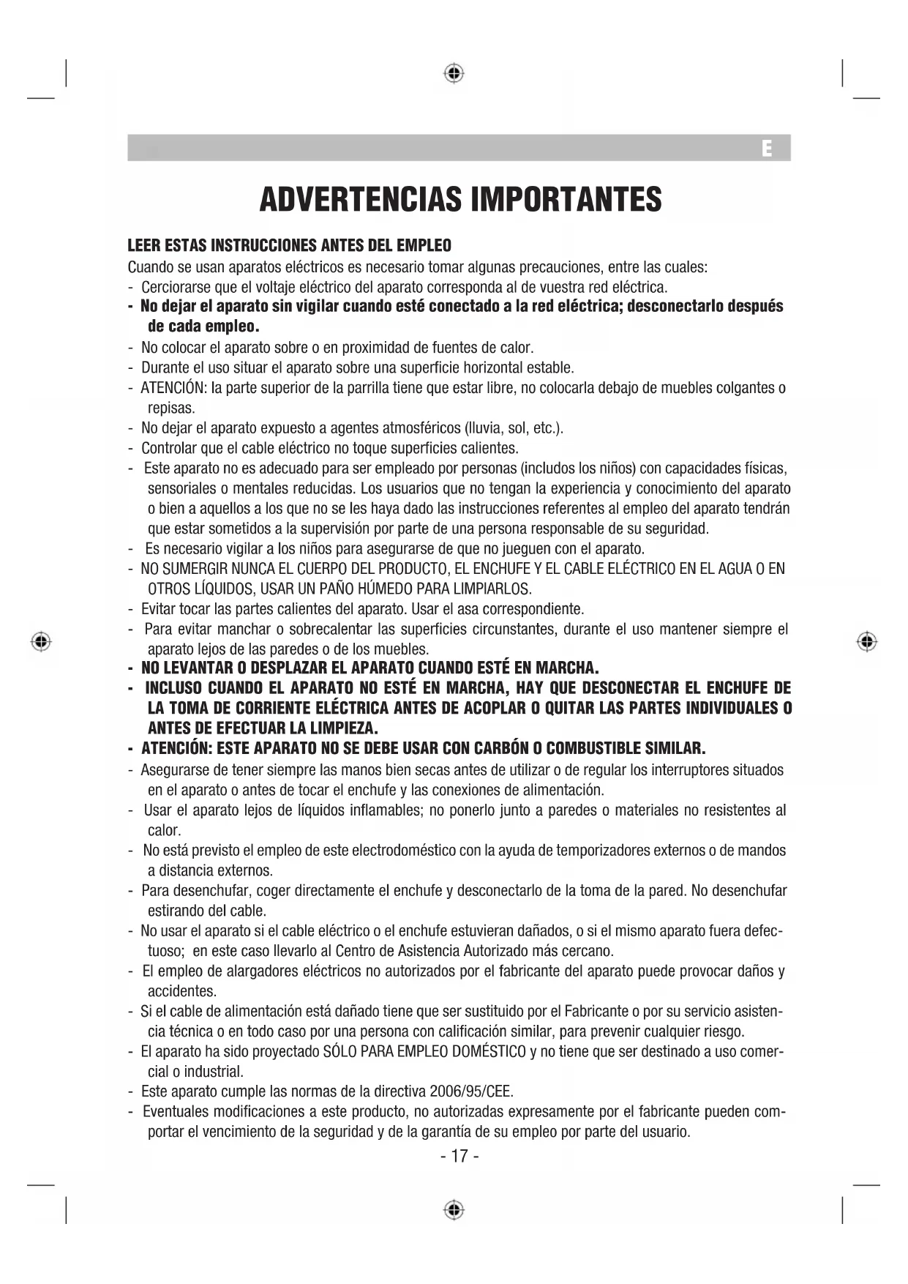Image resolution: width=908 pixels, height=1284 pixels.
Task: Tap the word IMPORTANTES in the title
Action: point(566,199)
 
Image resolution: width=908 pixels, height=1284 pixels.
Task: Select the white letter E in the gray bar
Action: point(766,149)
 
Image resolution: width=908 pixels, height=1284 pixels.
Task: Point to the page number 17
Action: point(459,1156)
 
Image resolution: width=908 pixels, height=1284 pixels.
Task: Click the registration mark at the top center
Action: point(454,73)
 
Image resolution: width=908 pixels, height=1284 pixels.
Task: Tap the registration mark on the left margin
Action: point(42,641)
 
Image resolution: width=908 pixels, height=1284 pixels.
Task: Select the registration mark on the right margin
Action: point(867,641)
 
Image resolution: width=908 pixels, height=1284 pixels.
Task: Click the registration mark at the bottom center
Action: point(454,1209)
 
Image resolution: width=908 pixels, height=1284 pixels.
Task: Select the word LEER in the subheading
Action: point(142,245)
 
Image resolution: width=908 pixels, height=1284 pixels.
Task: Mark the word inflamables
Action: point(380,810)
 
